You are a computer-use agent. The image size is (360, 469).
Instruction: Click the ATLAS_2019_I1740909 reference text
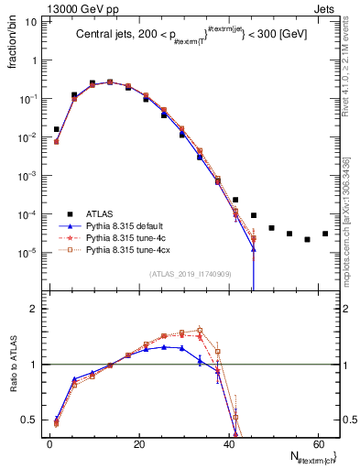[x=190, y=274]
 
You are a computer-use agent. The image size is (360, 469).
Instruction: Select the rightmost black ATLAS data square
[x=325, y=234]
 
